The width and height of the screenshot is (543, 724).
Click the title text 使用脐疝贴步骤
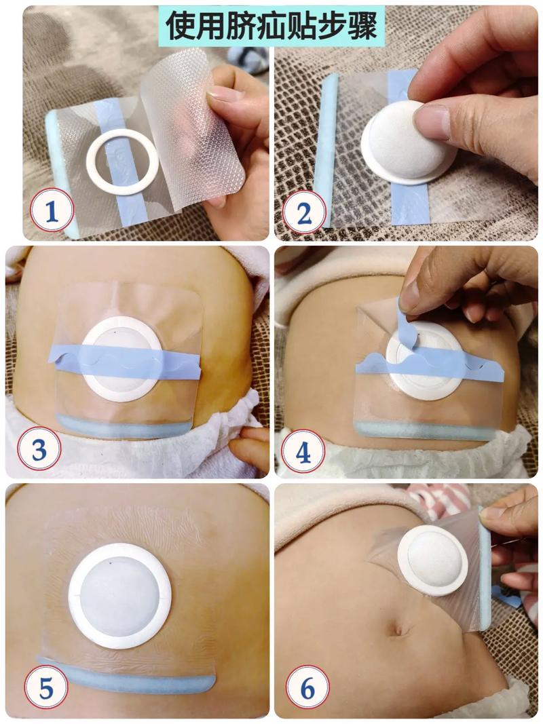271,25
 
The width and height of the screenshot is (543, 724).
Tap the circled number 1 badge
52,210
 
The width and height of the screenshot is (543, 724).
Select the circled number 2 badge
304,213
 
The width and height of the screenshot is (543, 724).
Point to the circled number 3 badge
39,449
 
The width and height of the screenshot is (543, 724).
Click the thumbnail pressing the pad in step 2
432,121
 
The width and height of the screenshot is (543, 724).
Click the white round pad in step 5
119,596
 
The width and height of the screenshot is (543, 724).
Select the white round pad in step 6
432,560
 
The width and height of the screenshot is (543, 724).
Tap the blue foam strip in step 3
124,427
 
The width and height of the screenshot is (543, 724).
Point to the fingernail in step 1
225,95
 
